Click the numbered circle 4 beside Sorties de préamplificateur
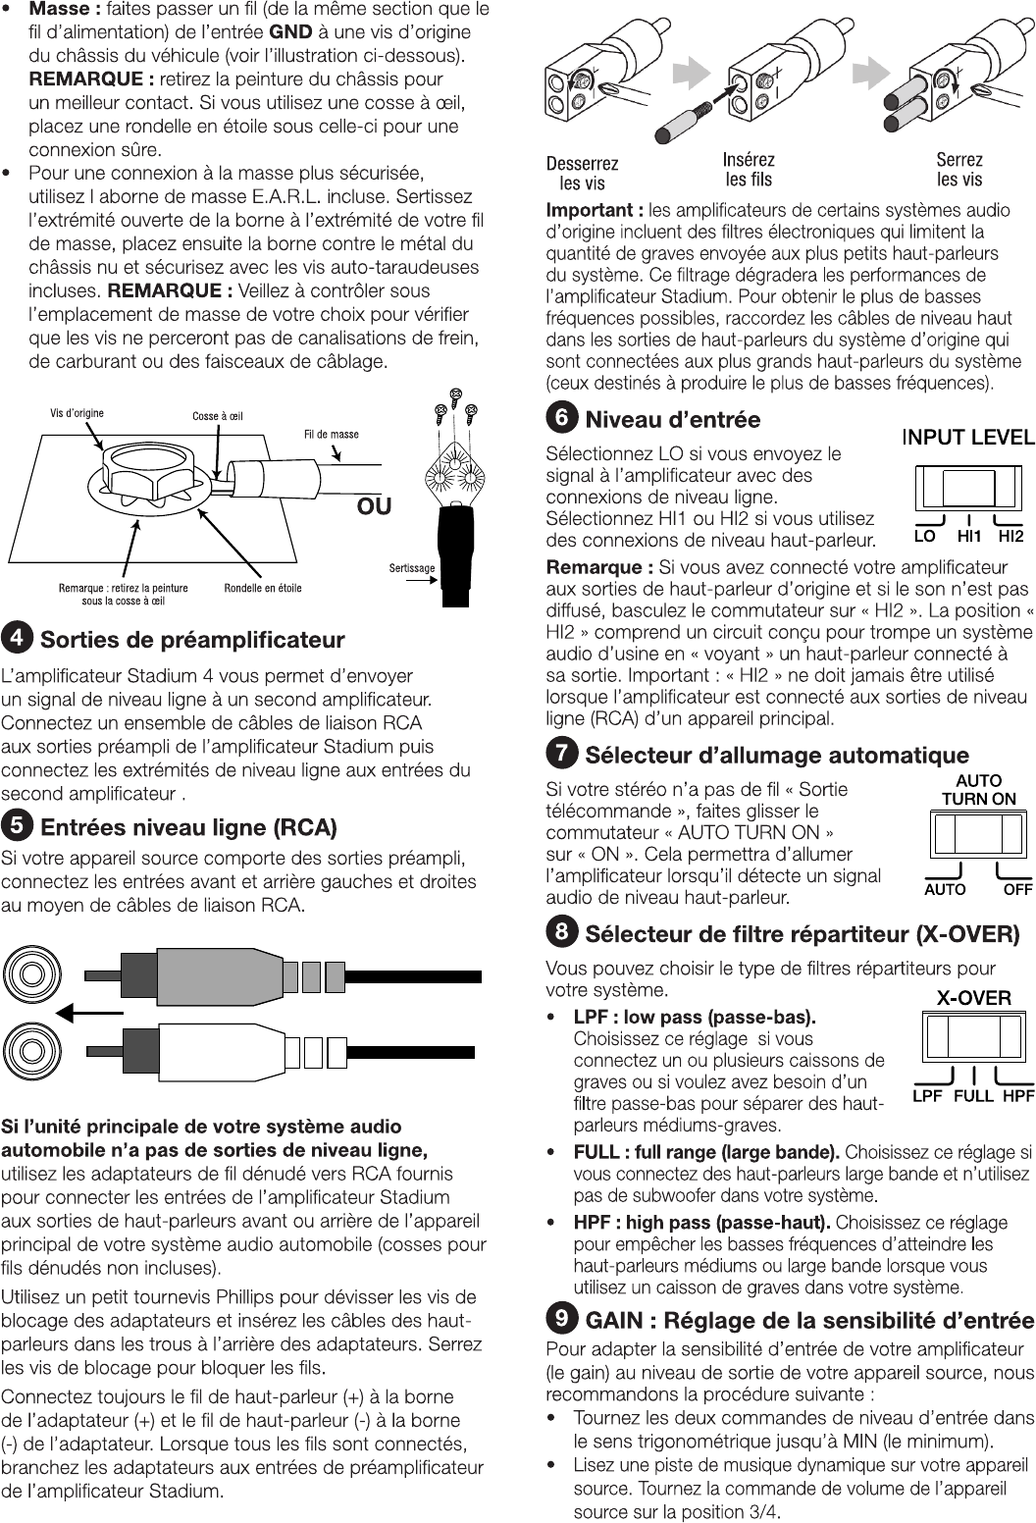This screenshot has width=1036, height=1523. (x=17, y=639)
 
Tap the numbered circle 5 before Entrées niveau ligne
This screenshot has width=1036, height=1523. (x=17, y=826)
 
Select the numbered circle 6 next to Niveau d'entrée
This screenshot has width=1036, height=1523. (x=561, y=418)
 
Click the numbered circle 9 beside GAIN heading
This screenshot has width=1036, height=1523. (x=561, y=1319)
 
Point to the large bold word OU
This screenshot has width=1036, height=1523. (x=374, y=506)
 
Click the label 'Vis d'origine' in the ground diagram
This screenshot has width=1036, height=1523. (x=77, y=413)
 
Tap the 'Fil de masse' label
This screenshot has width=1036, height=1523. (x=332, y=434)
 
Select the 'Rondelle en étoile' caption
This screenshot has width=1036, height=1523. (x=263, y=588)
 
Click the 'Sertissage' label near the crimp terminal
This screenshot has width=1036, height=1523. (x=412, y=567)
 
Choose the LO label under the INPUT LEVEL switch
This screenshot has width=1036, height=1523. (x=924, y=537)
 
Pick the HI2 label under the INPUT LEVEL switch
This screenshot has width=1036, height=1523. (x=1010, y=537)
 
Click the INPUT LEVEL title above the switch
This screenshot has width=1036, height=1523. (x=967, y=438)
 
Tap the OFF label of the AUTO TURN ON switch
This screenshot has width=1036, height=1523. (x=1017, y=889)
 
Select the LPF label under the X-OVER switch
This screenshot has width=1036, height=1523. (x=928, y=1095)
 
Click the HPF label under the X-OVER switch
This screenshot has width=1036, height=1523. (x=1019, y=1095)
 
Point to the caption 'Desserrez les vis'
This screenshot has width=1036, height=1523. (x=583, y=173)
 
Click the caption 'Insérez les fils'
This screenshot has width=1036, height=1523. (x=749, y=169)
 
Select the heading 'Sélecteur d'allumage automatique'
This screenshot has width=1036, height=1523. (x=777, y=755)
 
